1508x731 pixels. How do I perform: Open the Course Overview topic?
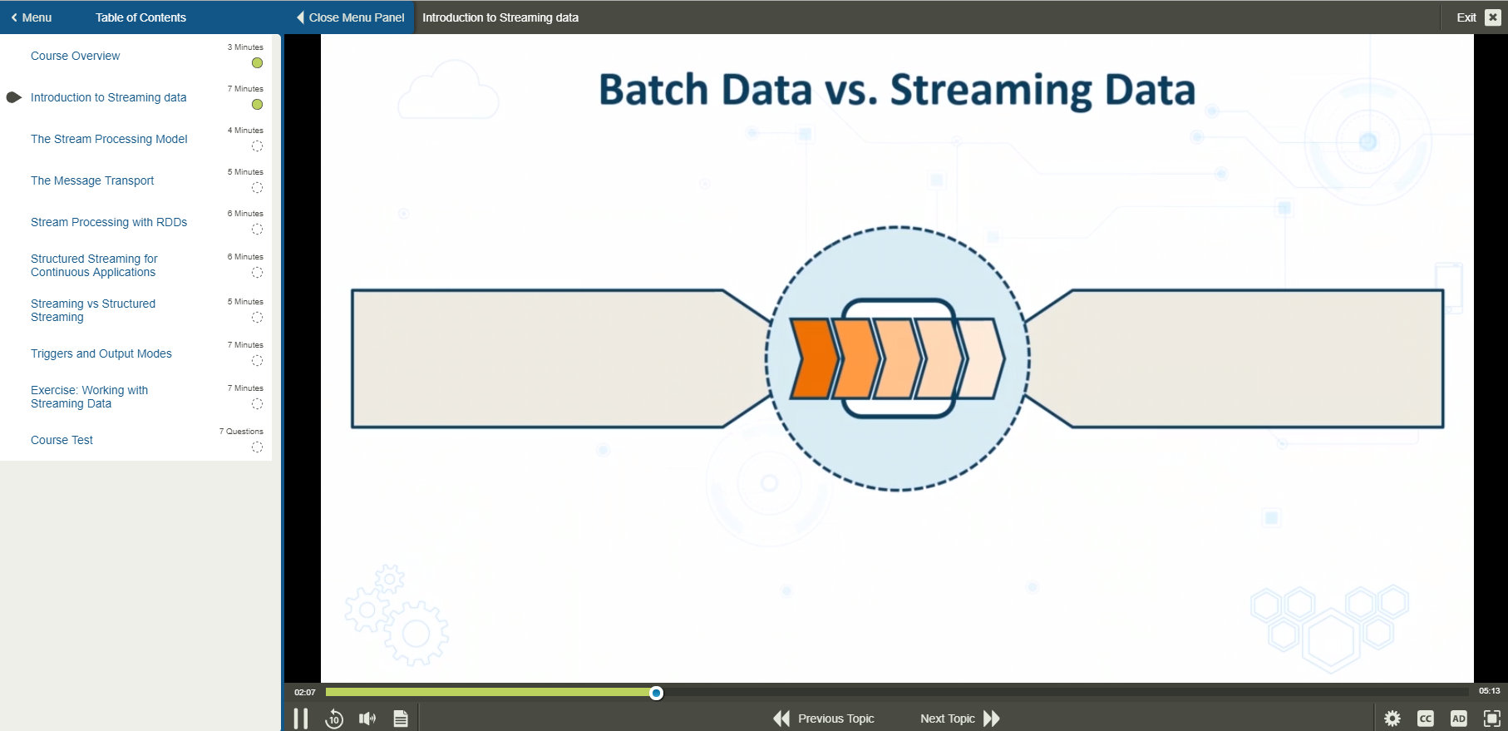click(76, 56)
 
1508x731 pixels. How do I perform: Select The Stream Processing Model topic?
click(109, 139)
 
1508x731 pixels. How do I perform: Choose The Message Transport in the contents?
click(92, 180)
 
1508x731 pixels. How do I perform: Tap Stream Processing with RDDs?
click(109, 222)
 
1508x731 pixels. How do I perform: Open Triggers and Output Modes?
click(101, 353)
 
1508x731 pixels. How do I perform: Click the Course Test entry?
click(62, 440)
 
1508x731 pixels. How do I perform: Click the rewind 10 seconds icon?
click(334, 719)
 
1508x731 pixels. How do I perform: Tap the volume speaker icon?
click(367, 719)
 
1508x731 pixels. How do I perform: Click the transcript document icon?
click(401, 719)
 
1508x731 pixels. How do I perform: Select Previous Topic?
click(824, 719)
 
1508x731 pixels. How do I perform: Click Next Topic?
click(959, 719)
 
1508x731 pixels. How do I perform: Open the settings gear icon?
click(1392, 719)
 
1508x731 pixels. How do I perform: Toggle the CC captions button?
click(1426, 719)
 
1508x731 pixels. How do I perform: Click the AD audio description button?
click(1459, 719)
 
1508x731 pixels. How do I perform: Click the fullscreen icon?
click(1492, 719)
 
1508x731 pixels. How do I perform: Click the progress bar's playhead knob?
click(657, 693)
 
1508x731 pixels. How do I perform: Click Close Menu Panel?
click(350, 17)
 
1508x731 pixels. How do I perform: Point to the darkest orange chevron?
click(813, 358)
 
